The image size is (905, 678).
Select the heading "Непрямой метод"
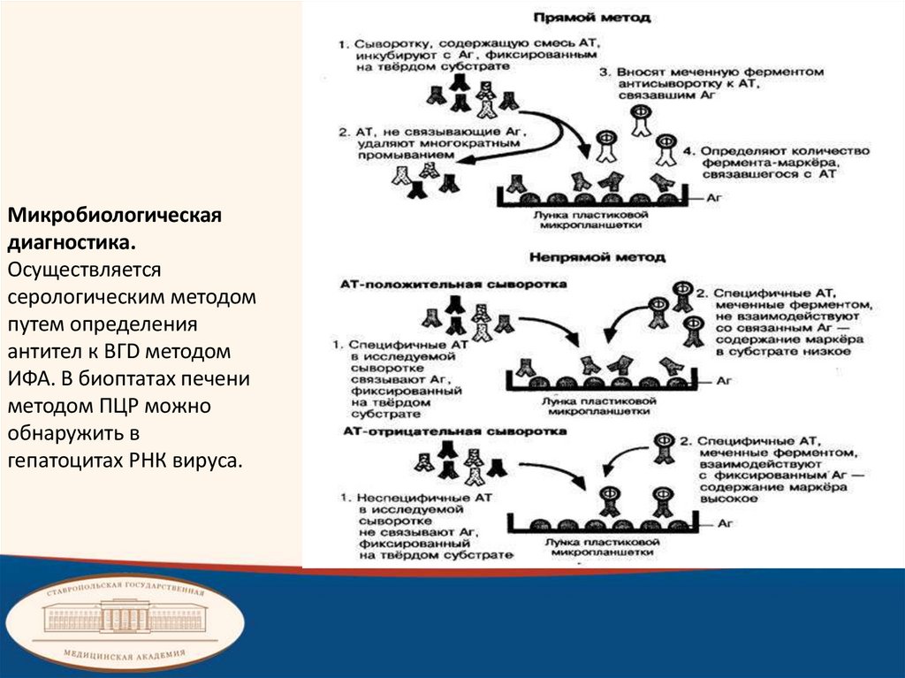coord(597,257)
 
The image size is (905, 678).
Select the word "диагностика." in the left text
coord(72,240)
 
